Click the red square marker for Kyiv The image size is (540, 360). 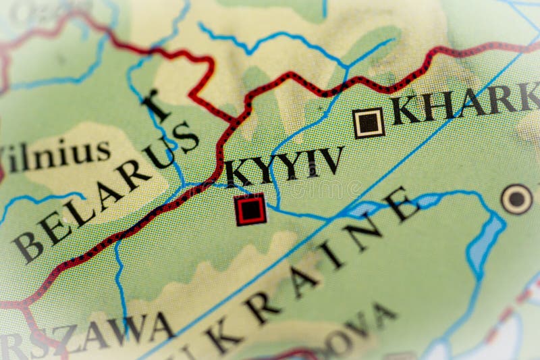[x=250, y=209]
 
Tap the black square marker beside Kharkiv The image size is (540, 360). [x=369, y=122]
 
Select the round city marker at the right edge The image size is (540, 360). [x=517, y=199]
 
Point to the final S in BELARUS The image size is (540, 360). [x=185, y=138]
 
